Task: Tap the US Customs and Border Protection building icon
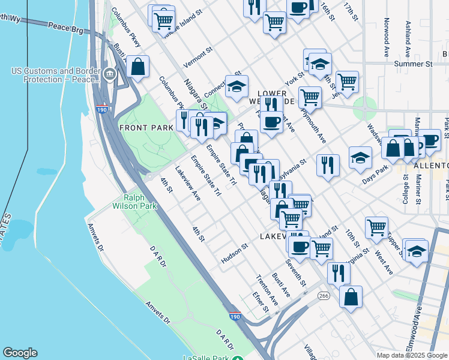pos(110,75)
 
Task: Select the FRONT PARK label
pos(142,128)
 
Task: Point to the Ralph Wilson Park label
pos(140,202)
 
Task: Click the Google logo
pos(20,353)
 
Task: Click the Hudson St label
pos(234,248)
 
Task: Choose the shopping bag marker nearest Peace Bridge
pos(138,67)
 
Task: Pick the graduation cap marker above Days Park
pos(360,158)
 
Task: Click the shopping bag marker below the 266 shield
pos(351,296)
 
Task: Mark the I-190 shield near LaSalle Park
pos(235,315)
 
